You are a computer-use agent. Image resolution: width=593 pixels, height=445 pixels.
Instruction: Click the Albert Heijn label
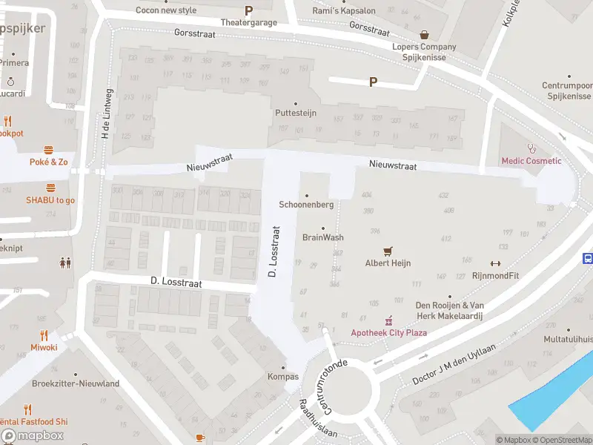pyautogui.click(x=388, y=263)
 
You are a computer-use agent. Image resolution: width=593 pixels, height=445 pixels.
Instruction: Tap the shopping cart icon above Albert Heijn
pyautogui.click(x=387, y=251)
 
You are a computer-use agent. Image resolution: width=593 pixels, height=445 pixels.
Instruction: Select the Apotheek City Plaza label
pyautogui.click(x=388, y=332)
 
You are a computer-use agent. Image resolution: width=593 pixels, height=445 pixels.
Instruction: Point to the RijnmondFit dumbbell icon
pyautogui.click(x=495, y=263)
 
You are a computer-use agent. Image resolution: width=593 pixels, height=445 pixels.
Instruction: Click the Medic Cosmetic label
pyautogui.click(x=531, y=161)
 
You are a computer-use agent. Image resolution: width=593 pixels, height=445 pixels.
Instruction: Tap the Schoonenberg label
pyautogui.click(x=306, y=205)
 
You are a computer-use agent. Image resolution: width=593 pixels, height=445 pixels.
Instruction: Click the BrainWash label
pyautogui.click(x=323, y=237)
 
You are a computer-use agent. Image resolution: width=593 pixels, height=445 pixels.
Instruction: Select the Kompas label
pyautogui.click(x=283, y=377)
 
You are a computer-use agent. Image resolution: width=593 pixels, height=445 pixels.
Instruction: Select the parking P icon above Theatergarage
pyautogui.click(x=248, y=10)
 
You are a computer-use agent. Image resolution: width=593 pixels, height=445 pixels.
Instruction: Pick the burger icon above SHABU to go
pyautogui.click(x=50, y=188)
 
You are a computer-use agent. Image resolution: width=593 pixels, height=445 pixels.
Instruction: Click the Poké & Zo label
pyautogui.click(x=48, y=162)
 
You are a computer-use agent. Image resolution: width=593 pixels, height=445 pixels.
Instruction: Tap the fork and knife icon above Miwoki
pyautogui.click(x=44, y=335)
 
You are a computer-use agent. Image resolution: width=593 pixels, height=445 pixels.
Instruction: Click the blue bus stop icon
pyautogui.click(x=588, y=259)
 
